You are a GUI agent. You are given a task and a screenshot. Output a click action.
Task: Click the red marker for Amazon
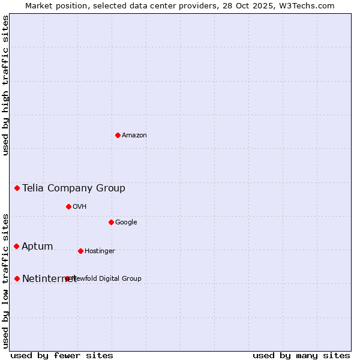coord(118,135)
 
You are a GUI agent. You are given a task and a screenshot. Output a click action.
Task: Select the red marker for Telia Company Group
coord(17,188)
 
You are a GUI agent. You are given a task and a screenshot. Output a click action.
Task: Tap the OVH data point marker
coord(68,206)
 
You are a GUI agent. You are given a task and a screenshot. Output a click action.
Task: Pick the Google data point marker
coord(111,222)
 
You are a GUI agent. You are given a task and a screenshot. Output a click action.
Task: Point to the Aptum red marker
coord(16,246)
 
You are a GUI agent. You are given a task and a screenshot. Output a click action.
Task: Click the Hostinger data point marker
coord(80,251)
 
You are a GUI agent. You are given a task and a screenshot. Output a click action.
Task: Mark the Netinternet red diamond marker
coord(17,278)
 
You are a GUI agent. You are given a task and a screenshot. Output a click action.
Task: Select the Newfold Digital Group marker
coord(67,278)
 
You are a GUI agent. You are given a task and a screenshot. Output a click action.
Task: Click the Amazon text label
coord(134,136)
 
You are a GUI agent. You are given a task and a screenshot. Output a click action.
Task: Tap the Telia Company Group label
coord(74,188)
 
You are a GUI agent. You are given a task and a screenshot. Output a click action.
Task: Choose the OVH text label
coord(80,207)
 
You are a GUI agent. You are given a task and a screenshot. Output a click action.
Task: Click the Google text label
coord(126,223)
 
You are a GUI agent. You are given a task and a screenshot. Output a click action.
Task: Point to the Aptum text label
coord(37,247)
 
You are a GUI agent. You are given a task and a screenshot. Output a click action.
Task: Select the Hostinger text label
coord(100,251)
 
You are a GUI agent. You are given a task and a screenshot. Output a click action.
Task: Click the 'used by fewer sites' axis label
coord(62,355)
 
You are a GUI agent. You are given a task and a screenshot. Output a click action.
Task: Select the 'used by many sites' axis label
coord(301,355)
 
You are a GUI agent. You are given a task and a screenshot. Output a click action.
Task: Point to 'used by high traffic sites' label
coord(5,85)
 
